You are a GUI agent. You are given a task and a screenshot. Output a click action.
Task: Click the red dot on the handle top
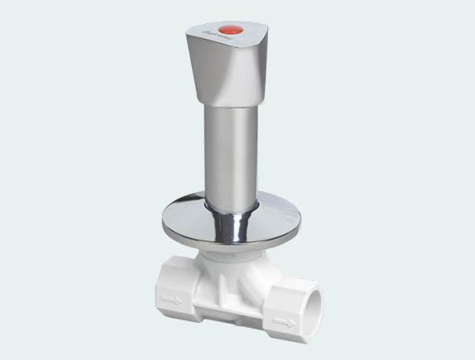click(x=233, y=31)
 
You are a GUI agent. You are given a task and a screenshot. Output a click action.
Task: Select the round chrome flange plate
click(x=182, y=222)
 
